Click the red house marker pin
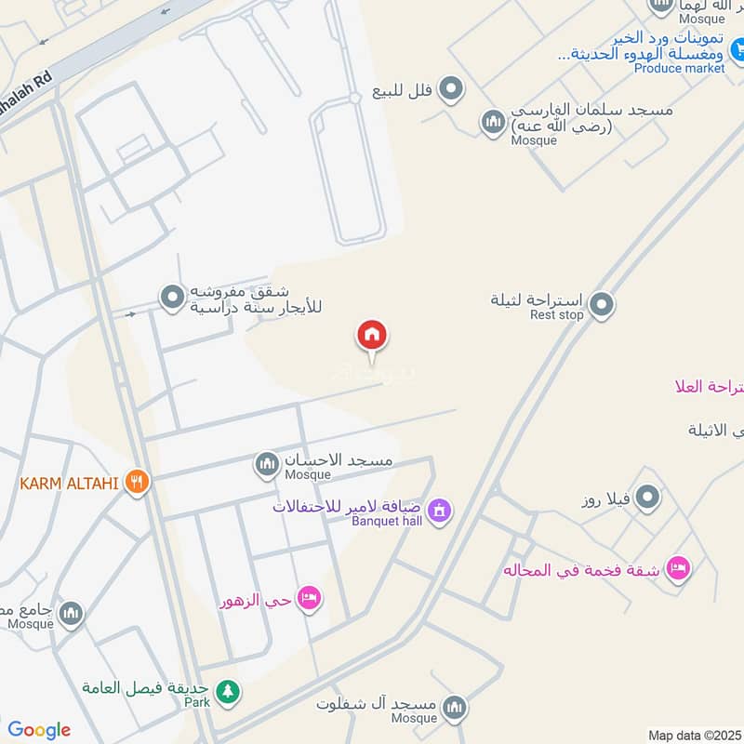[372, 335]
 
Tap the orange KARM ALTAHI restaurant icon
[138, 483]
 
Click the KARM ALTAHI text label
[70, 484]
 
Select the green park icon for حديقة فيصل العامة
[226, 691]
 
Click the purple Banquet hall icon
[440, 510]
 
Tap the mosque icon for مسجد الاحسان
[268, 462]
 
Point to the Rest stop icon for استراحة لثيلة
[602, 303]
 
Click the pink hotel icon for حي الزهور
[310, 598]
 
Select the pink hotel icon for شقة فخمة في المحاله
[679, 568]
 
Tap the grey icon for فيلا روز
[649, 498]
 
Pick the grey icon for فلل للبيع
[451, 89]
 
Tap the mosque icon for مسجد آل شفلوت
[454, 706]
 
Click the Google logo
[39, 730]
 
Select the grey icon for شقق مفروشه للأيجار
[172, 298]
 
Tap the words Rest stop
[556, 315]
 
